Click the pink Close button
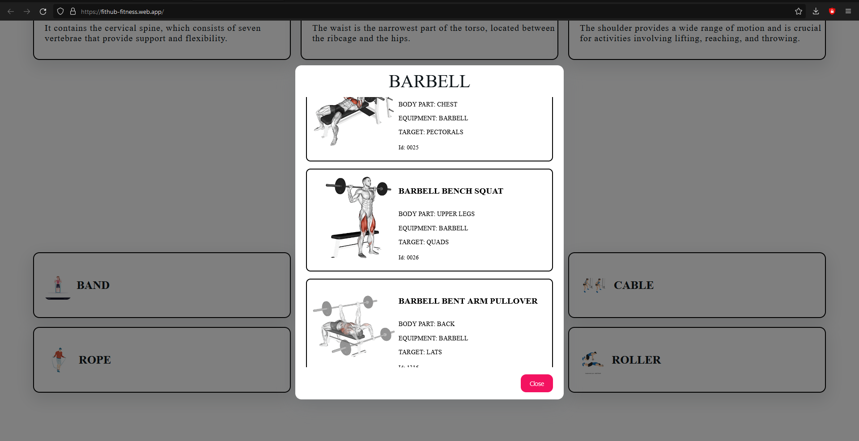click(536, 383)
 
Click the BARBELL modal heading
click(429, 81)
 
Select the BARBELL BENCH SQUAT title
click(451, 191)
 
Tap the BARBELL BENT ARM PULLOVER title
click(468, 301)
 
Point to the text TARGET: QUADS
click(423, 242)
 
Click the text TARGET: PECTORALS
click(430, 132)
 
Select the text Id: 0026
click(408, 258)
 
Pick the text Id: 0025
click(408, 148)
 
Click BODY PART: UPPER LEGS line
click(436, 214)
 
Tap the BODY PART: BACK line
click(426, 324)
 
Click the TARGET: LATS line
click(420, 352)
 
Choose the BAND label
click(93, 285)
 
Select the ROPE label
click(95, 360)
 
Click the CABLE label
click(634, 285)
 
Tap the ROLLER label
click(636, 360)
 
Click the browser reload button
click(43, 12)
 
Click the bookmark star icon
click(799, 12)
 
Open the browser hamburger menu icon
click(848, 12)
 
